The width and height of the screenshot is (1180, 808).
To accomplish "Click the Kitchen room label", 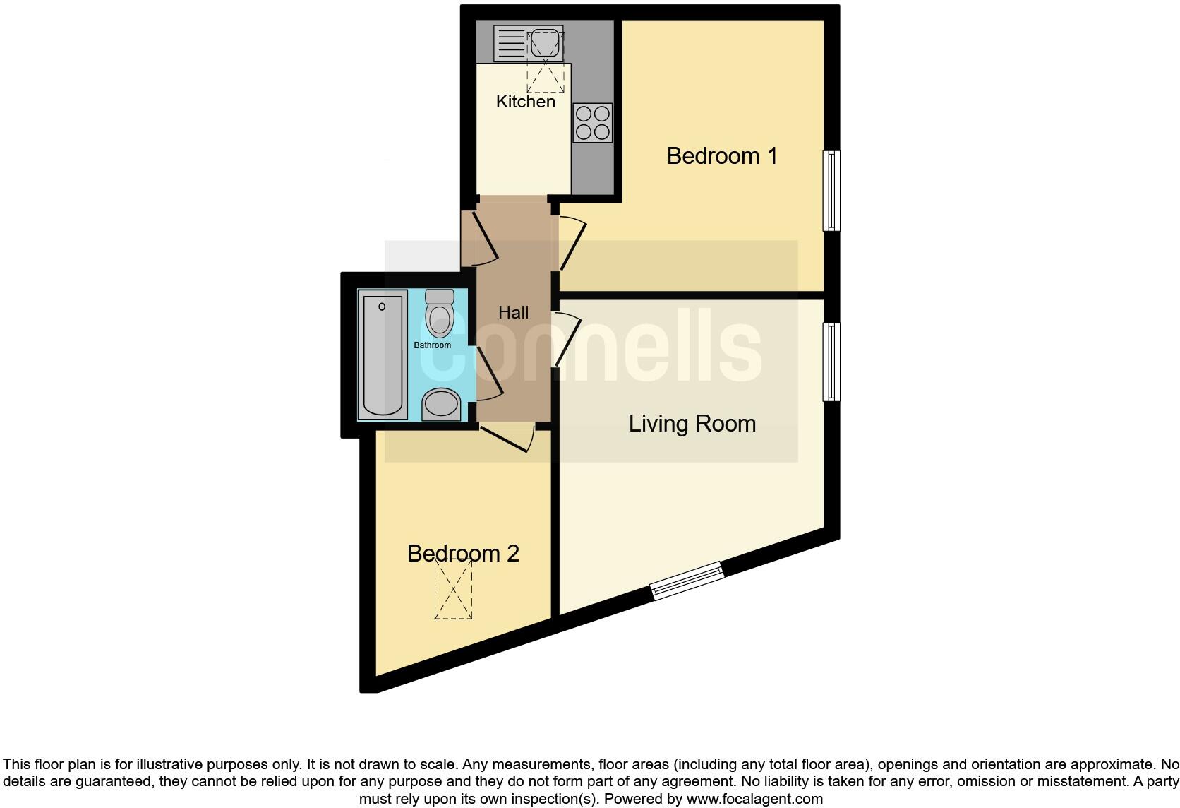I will point(525,102).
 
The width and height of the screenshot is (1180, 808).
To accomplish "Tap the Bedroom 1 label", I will point(721,156).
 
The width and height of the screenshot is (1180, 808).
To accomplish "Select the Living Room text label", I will point(692,424).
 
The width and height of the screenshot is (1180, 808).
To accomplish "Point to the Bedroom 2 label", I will point(463,553).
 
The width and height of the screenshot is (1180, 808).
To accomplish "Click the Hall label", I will point(513,313).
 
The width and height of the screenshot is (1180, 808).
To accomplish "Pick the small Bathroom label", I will point(432,345).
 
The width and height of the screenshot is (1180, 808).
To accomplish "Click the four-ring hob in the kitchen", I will point(592,123).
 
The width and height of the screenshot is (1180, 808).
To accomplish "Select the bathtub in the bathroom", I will point(383,355).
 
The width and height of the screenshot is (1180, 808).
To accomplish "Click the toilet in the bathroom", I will point(440,314).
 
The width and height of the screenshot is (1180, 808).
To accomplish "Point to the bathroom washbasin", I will point(442,404).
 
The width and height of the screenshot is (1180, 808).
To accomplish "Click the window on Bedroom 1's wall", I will point(832,191).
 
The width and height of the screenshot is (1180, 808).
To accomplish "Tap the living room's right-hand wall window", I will point(832,362).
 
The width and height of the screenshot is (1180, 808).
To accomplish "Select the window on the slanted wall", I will point(687,581).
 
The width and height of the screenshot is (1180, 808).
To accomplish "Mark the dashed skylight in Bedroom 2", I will point(453,588).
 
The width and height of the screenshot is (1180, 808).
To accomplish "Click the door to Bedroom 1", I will point(572,244).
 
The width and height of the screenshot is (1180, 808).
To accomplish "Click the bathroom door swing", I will point(488,374).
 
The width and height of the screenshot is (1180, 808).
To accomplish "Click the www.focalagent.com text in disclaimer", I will point(754,799).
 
